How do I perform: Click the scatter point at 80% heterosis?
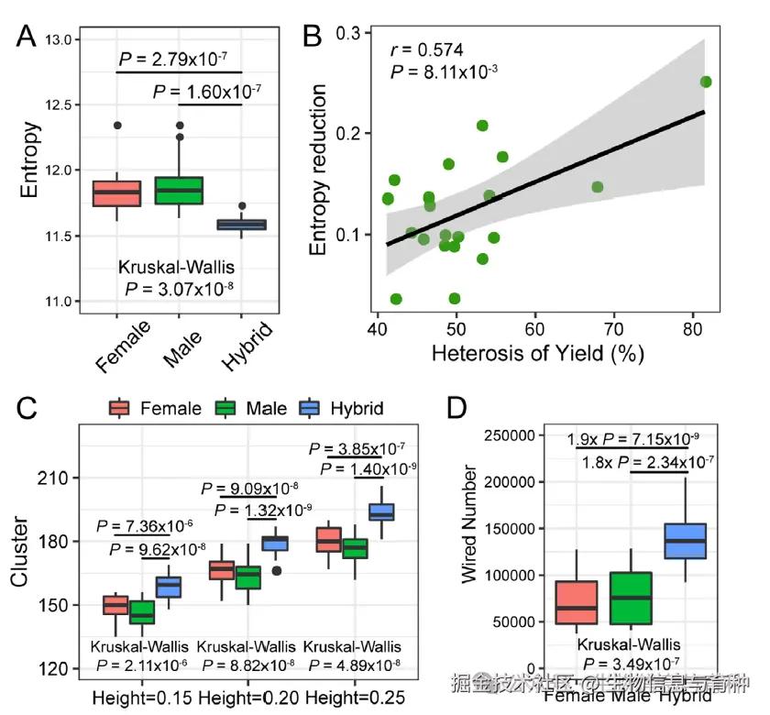click(x=706, y=82)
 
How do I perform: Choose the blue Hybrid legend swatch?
click(x=311, y=407)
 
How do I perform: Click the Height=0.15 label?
click(x=141, y=698)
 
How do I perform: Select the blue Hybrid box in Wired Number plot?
click(x=685, y=541)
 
